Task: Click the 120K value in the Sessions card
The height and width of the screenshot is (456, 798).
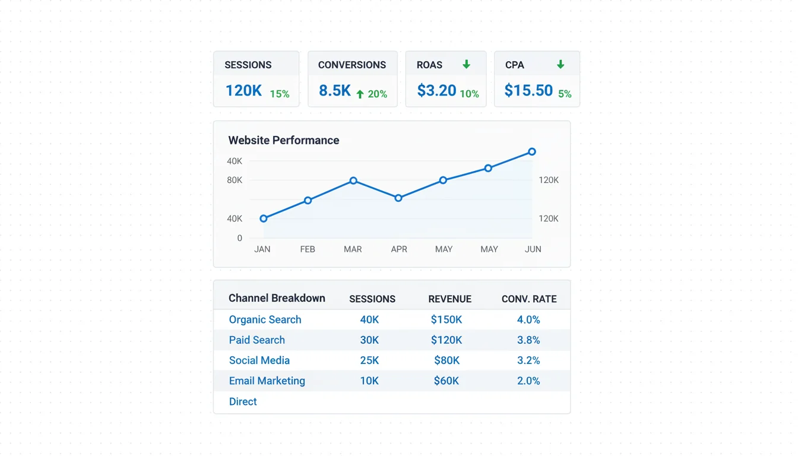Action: coord(243,91)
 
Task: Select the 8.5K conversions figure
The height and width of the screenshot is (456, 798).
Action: coord(335,91)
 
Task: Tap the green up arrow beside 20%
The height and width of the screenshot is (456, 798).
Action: coord(360,94)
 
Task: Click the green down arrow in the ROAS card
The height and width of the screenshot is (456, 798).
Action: coord(467,64)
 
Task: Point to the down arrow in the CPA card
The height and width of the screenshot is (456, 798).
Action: coord(560,64)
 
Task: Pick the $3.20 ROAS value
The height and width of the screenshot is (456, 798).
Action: coord(436,91)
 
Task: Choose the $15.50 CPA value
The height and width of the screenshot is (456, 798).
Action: coord(528,91)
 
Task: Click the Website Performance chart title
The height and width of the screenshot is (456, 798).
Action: coord(284,140)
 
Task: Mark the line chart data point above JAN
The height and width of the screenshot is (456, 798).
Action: coord(264,218)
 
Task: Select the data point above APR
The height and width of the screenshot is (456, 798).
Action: coord(398,198)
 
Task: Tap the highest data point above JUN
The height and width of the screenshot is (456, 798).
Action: coord(532,152)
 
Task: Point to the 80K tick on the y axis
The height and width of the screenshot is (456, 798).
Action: coord(235,180)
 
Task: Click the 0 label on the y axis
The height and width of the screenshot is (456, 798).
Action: coord(240,238)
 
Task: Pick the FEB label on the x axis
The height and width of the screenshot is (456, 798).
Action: coord(308,249)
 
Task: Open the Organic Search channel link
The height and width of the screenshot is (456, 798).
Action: coord(265,319)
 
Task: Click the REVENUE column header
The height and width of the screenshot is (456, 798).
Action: coord(449,299)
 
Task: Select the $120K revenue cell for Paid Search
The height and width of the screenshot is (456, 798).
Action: coord(446,340)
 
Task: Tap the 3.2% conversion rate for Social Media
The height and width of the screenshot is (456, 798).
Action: coord(528,360)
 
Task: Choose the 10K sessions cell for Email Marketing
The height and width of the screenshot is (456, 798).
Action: coord(369,381)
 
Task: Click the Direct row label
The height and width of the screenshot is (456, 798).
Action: coord(243,401)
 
